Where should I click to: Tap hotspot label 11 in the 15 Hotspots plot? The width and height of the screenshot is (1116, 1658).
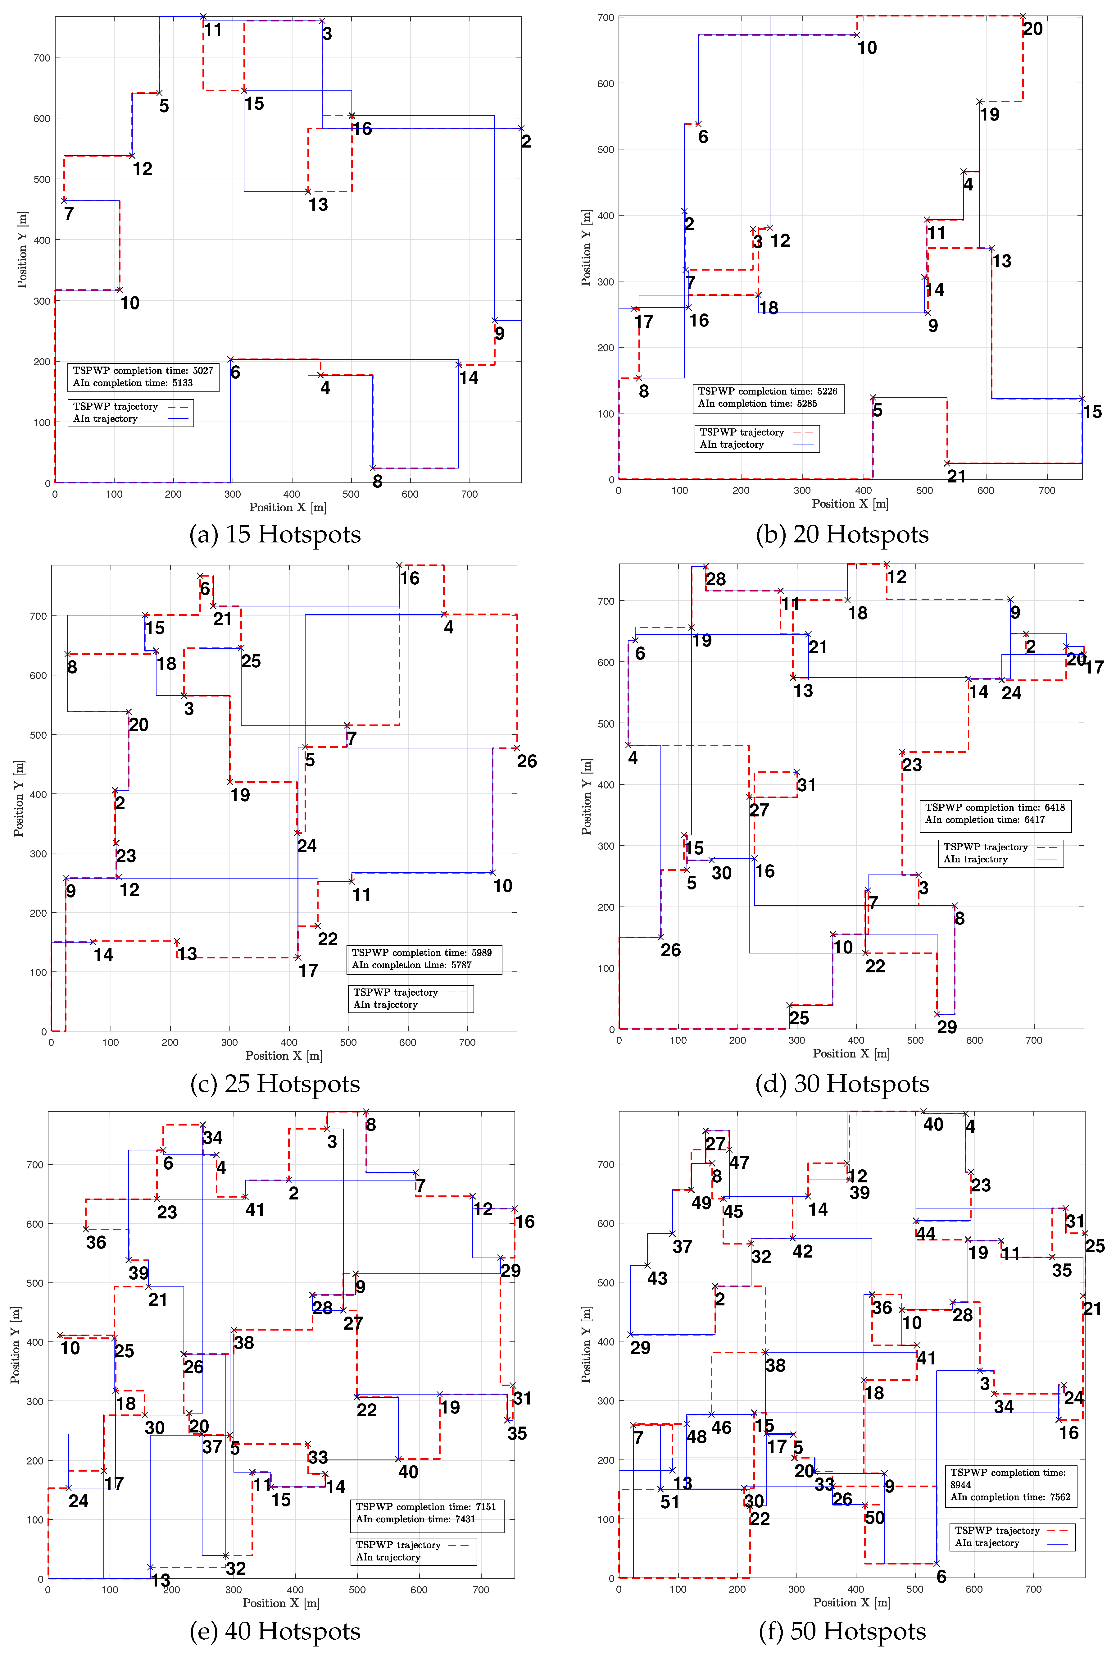(214, 30)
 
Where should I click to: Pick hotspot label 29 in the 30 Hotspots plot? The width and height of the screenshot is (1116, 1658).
(946, 1026)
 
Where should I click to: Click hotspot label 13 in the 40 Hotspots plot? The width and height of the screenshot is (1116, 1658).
(161, 1580)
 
